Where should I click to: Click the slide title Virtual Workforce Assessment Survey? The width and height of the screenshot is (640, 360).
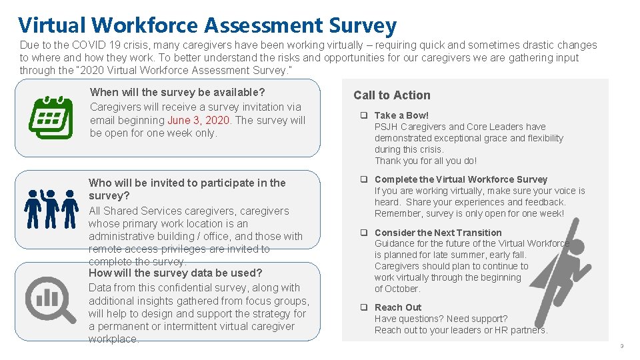pyautogui.click(x=207, y=25)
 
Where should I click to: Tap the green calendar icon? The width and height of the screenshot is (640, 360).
pyautogui.click(x=51, y=117)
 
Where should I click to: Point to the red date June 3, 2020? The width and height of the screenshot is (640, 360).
pyautogui.click(x=199, y=120)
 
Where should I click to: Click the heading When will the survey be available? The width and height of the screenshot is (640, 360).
pyautogui.click(x=177, y=92)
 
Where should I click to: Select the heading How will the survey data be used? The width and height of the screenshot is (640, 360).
pyautogui.click(x=175, y=273)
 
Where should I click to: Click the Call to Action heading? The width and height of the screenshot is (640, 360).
pyautogui.click(x=392, y=95)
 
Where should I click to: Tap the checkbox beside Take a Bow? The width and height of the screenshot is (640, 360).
pyautogui.click(x=365, y=115)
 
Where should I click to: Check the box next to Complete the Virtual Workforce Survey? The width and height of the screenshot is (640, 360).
pyautogui.click(x=365, y=179)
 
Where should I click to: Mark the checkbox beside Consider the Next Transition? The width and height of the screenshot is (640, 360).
pyautogui.click(x=365, y=233)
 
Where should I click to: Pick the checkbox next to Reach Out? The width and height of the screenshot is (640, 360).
pyautogui.click(x=365, y=307)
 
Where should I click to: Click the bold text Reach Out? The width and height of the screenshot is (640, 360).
pyautogui.click(x=398, y=307)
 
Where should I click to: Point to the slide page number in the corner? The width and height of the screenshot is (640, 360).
pyautogui.click(x=621, y=346)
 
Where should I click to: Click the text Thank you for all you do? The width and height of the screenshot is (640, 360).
pyautogui.click(x=425, y=161)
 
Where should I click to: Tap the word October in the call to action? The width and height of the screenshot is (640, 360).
pyautogui.click(x=402, y=289)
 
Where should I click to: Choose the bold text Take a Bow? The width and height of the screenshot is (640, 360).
pyautogui.click(x=401, y=115)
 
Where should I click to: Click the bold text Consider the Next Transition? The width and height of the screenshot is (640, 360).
pyautogui.click(x=438, y=233)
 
